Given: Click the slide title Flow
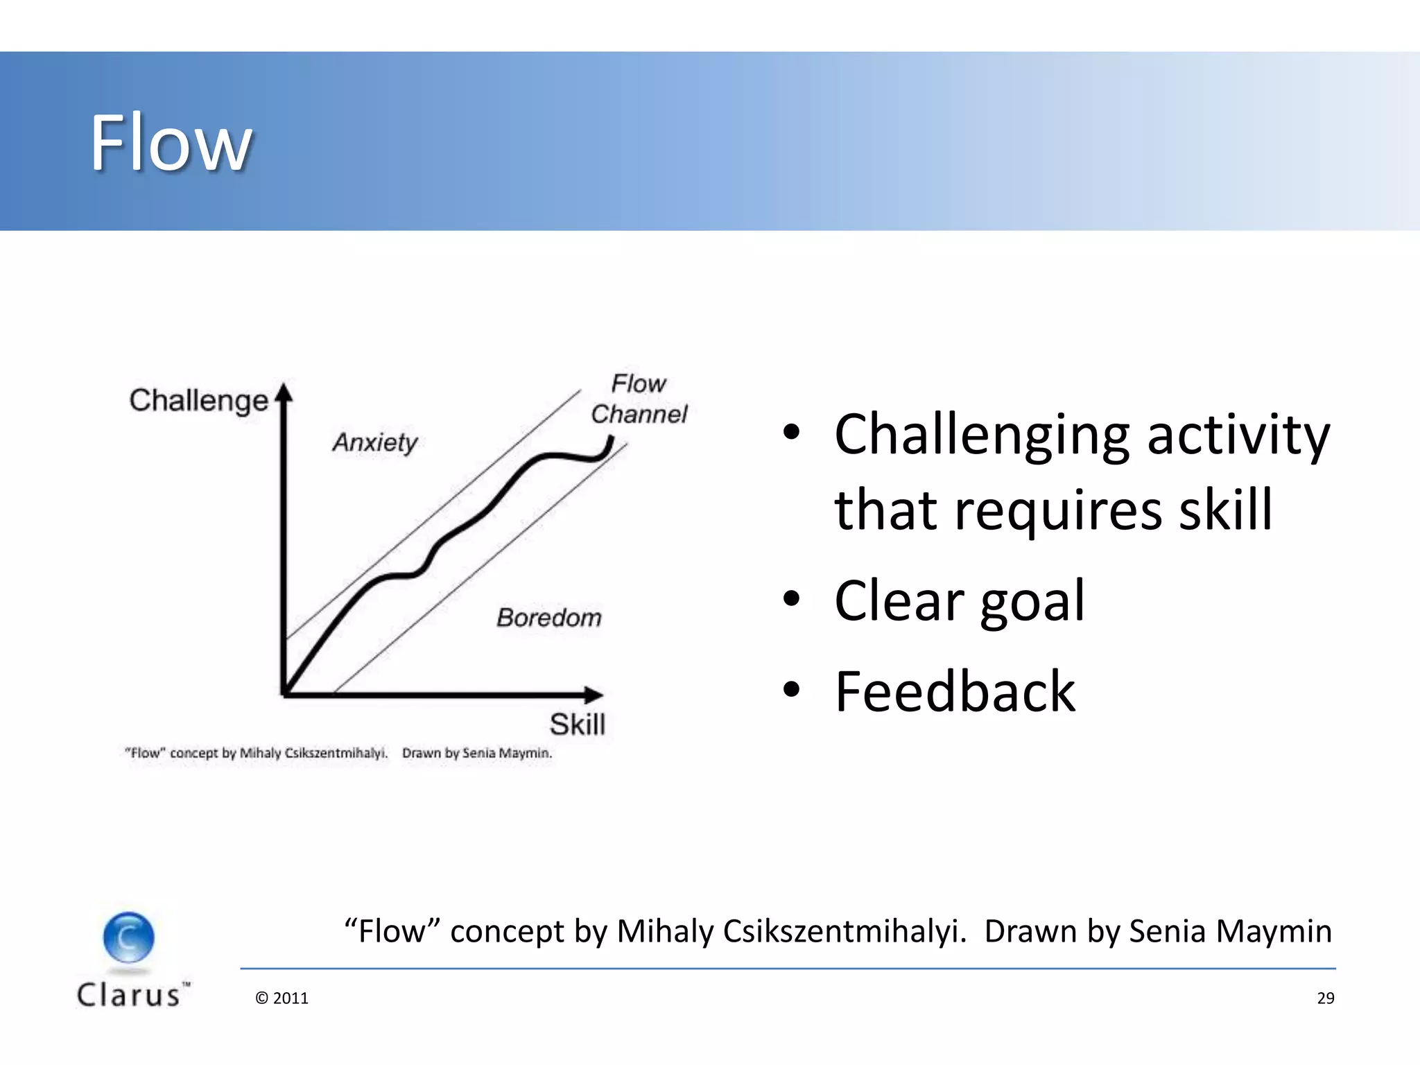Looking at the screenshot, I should pyautogui.click(x=171, y=143).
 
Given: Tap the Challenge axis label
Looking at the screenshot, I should pyautogui.click(x=198, y=401).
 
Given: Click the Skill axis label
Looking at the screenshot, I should pyautogui.click(x=577, y=725).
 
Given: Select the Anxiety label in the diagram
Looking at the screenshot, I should pyautogui.click(x=375, y=442).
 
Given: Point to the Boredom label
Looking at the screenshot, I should pyautogui.click(x=548, y=617).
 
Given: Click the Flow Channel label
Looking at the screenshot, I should pyautogui.click(x=639, y=399).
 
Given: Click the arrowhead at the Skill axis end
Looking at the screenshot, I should pyautogui.click(x=594, y=694).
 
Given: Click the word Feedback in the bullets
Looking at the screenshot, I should pyautogui.click(x=955, y=692).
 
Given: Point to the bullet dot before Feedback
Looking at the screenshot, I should pyautogui.click(x=791, y=690).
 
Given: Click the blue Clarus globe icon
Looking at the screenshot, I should pyautogui.click(x=129, y=937).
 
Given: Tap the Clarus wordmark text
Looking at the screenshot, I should pyautogui.click(x=130, y=995).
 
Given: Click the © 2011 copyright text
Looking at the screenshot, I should pyautogui.click(x=282, y=998).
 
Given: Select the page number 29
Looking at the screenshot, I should pyautogui.click(x=1325, y=998).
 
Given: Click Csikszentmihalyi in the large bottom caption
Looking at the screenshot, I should pyautogui.click(x=844, y=931).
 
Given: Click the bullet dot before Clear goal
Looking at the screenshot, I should pyautogui.click(x=791, y=598).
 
